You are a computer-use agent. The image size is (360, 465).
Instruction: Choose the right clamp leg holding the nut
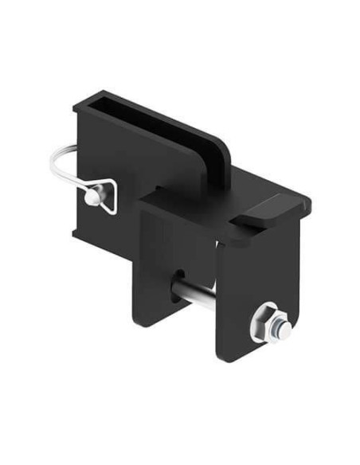point(239,271)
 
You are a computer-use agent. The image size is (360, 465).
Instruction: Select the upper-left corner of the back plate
point(76,107)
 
